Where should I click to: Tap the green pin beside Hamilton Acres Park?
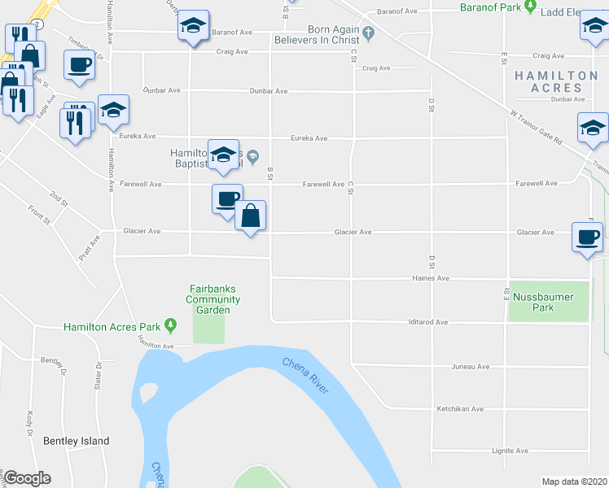(170, 326)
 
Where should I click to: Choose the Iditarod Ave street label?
(428, 322)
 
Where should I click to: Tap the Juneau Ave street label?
(471, 367)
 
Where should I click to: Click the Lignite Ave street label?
(510, 451)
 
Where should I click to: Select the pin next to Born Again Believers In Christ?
(368, 33)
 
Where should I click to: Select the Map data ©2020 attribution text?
(574, 481)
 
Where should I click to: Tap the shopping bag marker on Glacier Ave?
(251, 217)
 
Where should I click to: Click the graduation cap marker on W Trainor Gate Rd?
(592, 129)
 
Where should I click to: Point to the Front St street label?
(41, 215)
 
